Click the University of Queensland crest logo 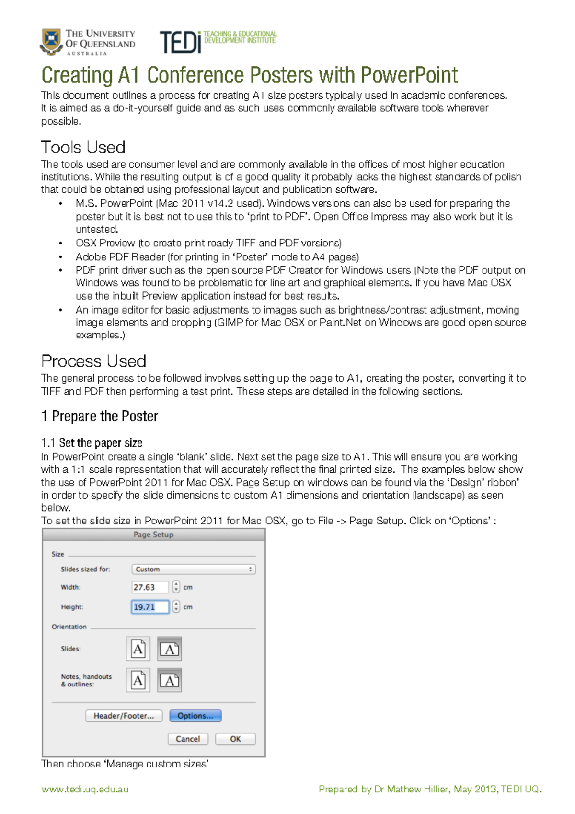(x=51, y=41)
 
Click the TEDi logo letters (x=180, y=42)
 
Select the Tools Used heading (x=83, y=147)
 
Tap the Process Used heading (x=93, y=361)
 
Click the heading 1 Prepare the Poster (x=100, y=416)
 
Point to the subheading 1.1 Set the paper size (x=92, y=442)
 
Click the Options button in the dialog (x=195, y=716)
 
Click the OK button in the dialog (x=235, y=739)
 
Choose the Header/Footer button (x=124, y=716)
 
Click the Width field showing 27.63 (x=150, y=587)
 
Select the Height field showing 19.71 (x=150, y=607)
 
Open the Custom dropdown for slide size (x=194, y=569)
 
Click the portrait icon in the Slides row (x=138, y=649)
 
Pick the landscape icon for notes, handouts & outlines (x=169, y=680)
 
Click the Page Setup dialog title (x=153, y=535)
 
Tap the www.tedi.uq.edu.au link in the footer (x=85, y=789)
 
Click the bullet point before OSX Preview (x=60, y=244)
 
